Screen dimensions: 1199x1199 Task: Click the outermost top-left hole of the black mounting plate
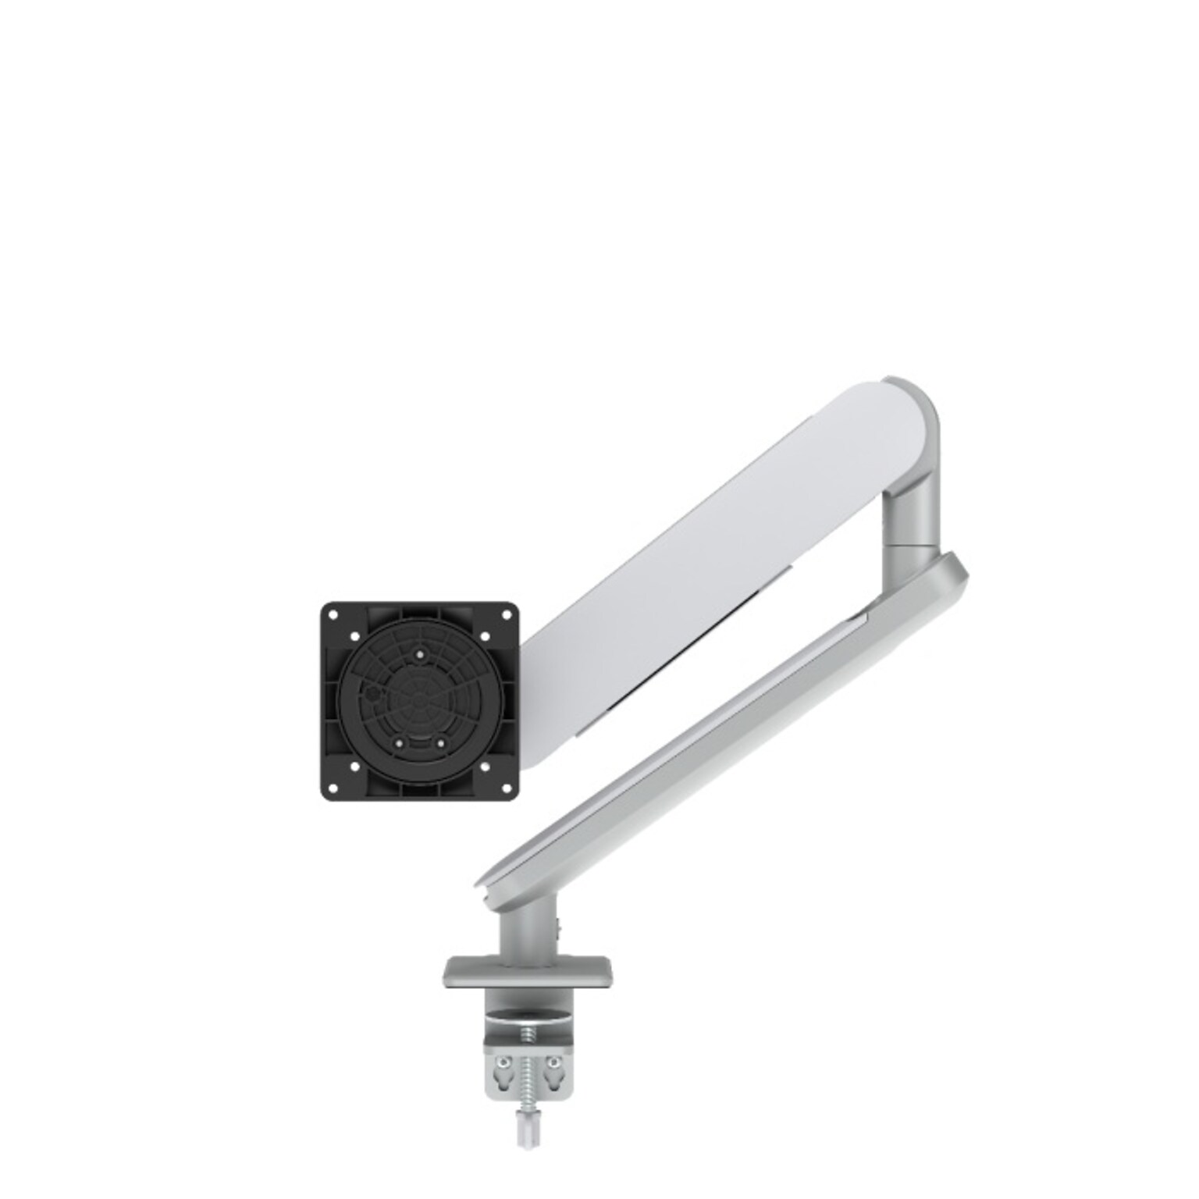tap(333, 614)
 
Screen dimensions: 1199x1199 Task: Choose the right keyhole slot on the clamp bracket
tap(553, 1065)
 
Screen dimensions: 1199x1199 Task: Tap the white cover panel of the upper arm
tap(734, 539)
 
